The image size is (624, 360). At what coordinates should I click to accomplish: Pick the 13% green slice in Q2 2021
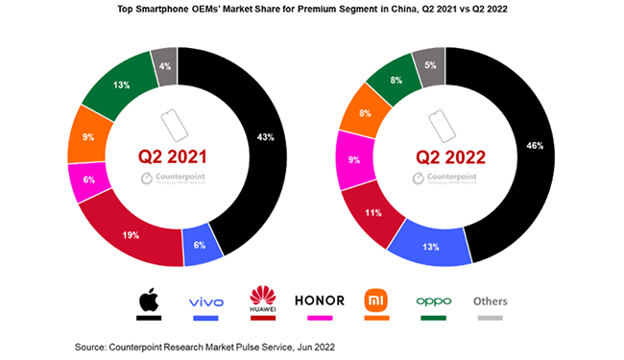(121, 84)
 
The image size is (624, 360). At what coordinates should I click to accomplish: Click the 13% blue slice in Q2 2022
(428, 247)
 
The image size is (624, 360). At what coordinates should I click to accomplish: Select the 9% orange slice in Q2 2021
(87, 137)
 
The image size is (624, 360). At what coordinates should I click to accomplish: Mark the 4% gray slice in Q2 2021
(164, 65)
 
